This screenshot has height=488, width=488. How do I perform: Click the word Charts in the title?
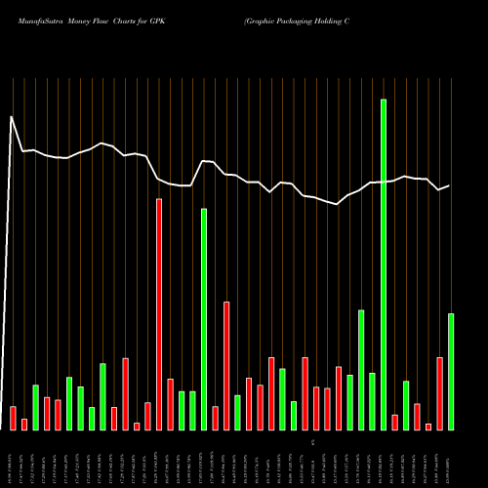(126, 20)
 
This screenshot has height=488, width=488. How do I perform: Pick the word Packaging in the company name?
(298, 20)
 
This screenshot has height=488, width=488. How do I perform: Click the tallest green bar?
(384, 264)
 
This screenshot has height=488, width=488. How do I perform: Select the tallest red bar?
(159, 313)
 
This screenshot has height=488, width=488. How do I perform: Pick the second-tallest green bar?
(204, 318)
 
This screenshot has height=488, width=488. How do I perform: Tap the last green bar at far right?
(451, 371)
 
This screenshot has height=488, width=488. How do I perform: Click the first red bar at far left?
(13, 417)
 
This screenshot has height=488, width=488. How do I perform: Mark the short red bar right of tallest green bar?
(395, 422)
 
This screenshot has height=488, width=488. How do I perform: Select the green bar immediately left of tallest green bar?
(373, 401)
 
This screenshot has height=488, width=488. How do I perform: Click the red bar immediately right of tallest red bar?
(170, 404)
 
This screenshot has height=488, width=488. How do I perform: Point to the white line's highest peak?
(12, 117)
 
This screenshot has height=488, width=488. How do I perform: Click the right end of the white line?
(449, 185)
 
